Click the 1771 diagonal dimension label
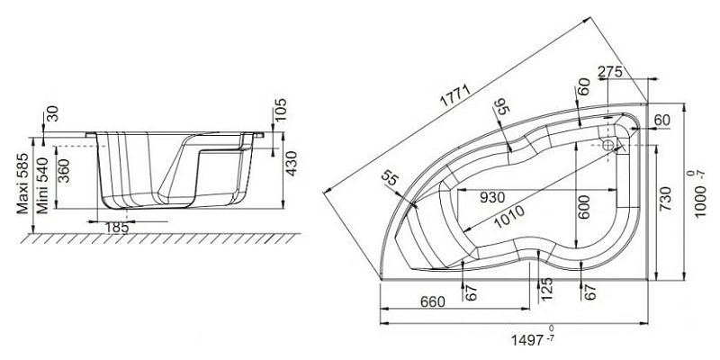point(456,96)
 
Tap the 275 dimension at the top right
point(611,72)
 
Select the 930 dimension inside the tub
point(492,197)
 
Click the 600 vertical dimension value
point(584,207)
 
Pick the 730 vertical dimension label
point(666,198)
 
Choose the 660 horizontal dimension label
point(433,301)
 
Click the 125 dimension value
point(546,289)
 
